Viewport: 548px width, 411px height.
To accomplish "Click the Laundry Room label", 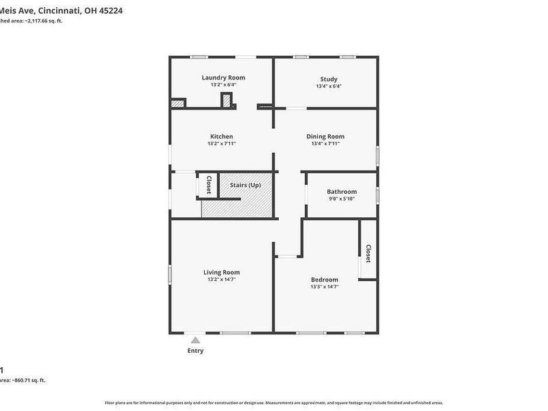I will (x=223, y=77).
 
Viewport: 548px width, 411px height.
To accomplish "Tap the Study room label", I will (x=329, y=79).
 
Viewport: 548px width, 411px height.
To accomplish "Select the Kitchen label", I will (x=221, y=136).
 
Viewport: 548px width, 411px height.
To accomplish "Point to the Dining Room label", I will (x=325, y=136).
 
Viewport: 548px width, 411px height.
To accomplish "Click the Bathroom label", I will (x=342, y=192).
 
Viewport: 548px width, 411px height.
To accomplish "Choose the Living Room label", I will (x=221, y=272).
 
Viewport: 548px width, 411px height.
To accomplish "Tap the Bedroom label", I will (x=325, y=279).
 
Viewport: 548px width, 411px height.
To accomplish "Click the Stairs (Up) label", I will (x=245, y=186).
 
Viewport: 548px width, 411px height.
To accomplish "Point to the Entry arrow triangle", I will (x=196, y=340).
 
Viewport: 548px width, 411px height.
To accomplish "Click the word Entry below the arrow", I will (x=196, y=351).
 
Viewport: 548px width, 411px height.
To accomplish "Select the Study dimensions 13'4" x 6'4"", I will (x=329, y=86).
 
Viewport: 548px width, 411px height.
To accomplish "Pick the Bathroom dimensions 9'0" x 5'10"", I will (x=342, y=199).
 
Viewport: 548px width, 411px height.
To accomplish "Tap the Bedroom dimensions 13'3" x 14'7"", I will (x=325, y=286).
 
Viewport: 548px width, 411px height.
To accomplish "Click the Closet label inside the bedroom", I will (x=368, y=254).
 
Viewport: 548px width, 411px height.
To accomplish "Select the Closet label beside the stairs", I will (x=209, y=186).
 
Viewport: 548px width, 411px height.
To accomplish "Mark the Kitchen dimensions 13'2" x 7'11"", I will (x=221, y=144).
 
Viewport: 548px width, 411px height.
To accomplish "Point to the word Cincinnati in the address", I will (x=58, y=10).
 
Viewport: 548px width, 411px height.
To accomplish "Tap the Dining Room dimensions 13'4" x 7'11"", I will (x=325, y=144).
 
